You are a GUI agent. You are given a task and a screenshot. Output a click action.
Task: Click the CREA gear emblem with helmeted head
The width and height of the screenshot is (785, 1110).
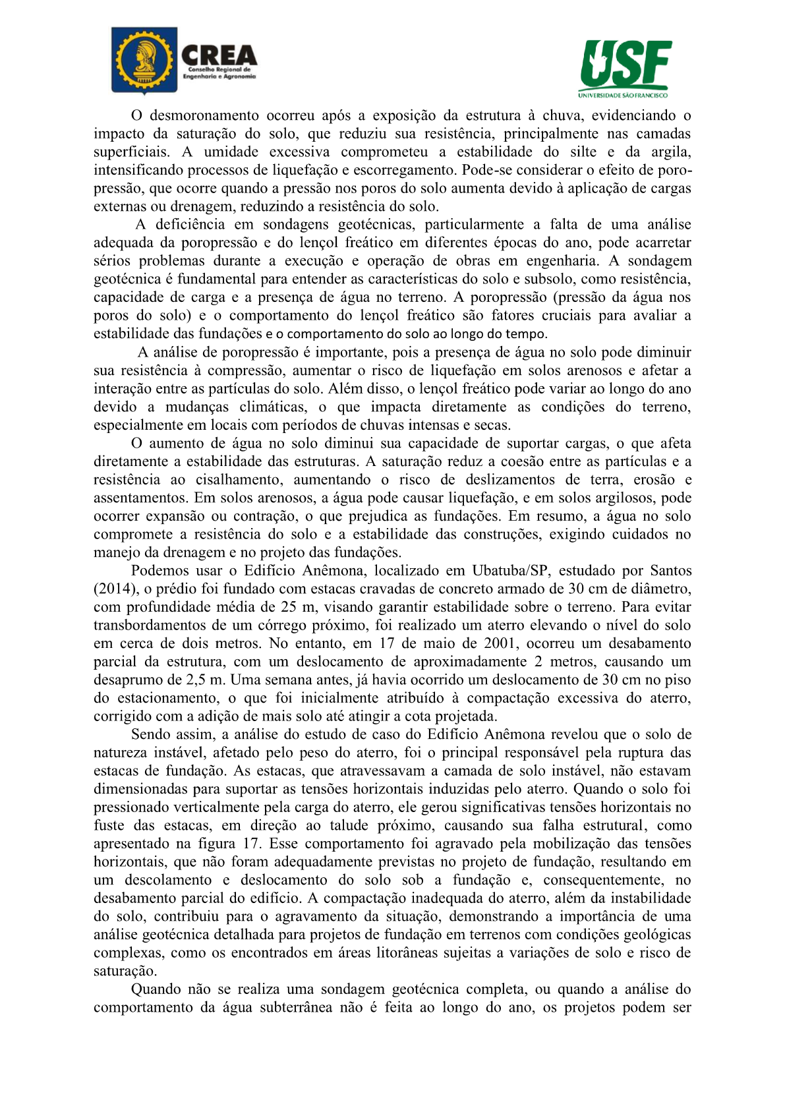(144, 61)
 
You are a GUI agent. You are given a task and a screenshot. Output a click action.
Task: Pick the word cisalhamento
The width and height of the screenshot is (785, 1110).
(236, 480)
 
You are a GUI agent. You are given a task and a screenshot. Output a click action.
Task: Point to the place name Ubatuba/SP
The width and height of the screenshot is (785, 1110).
(509, 571)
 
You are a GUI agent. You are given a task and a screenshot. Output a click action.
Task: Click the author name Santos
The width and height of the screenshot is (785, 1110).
(670, 571)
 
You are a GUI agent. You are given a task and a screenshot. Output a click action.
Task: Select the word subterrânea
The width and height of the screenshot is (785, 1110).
(296, 1008)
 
